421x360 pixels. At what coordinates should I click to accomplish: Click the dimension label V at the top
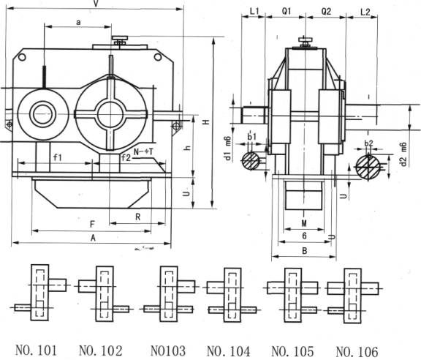(96, 4)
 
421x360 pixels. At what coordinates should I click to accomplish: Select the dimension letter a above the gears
(77, 23)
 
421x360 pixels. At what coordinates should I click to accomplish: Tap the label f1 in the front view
(57, 157)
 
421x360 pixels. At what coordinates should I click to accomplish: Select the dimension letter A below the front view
(92, 238)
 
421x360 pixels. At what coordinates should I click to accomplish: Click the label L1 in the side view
(254, 12)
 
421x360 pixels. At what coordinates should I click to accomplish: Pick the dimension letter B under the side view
(303, 250)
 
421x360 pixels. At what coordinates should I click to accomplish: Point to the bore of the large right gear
(110, 114)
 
